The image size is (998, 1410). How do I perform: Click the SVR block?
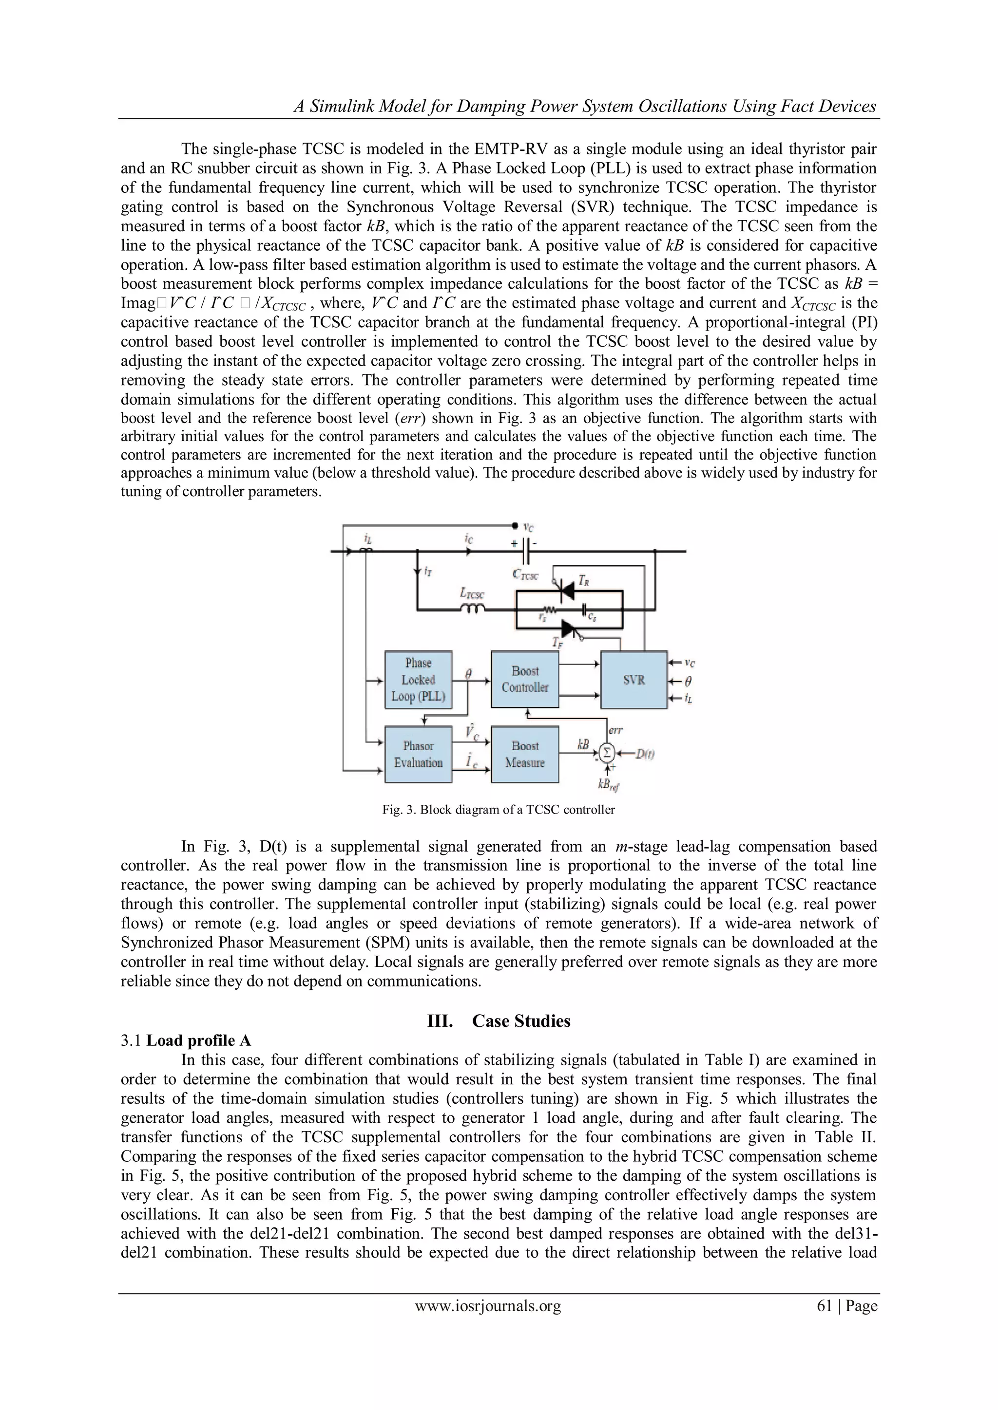(633, 680)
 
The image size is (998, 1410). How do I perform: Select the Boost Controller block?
(525, 679)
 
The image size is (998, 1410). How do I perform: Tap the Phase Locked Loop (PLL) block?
(418, 680)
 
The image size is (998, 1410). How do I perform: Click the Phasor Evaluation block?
(418, 754)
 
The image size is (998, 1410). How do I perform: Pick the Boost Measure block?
(525, 754)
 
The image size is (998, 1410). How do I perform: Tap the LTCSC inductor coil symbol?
(473, 609)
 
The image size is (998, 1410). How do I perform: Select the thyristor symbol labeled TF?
(568, 628)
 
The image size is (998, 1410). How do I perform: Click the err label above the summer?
(615, 730)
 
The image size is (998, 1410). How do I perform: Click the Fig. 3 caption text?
(499, 809)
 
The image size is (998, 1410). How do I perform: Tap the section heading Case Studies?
(521, 1021)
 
